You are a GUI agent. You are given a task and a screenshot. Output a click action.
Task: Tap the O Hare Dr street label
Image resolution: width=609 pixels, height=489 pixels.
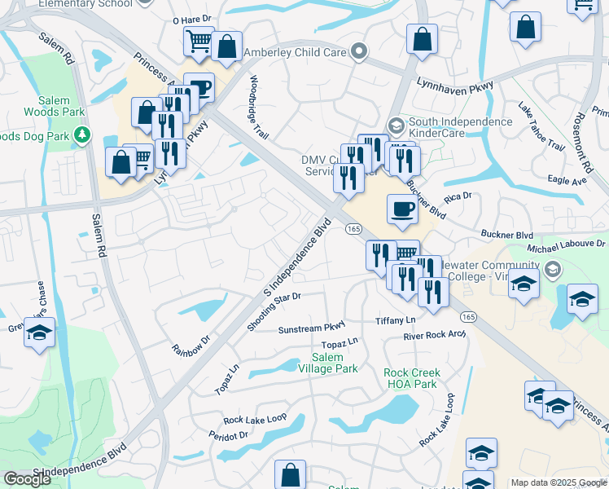(x=192, y=19)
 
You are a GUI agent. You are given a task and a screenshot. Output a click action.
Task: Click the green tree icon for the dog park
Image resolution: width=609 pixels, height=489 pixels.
(x=81, y=134)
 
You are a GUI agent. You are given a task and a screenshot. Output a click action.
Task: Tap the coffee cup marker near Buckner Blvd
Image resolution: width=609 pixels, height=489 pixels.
(x=401, y=209)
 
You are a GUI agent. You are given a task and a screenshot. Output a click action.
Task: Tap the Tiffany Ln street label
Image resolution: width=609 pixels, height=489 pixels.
(x=395, y=319)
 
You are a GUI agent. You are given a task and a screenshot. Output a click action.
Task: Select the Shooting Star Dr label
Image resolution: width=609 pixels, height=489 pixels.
(x=274, y=312)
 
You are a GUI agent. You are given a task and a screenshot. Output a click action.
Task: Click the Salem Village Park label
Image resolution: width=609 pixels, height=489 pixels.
(x=335, y=363)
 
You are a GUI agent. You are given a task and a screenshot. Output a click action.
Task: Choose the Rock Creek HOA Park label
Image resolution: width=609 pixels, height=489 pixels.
(x=410, y=378)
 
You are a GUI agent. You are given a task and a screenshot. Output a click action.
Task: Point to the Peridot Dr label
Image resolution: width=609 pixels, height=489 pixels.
(x=232, y=436)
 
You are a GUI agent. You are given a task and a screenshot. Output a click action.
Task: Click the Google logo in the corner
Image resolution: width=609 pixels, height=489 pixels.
(x=27, y=478)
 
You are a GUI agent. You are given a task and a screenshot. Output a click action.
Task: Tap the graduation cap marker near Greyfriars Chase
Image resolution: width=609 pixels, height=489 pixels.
(x=39, y=333)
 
